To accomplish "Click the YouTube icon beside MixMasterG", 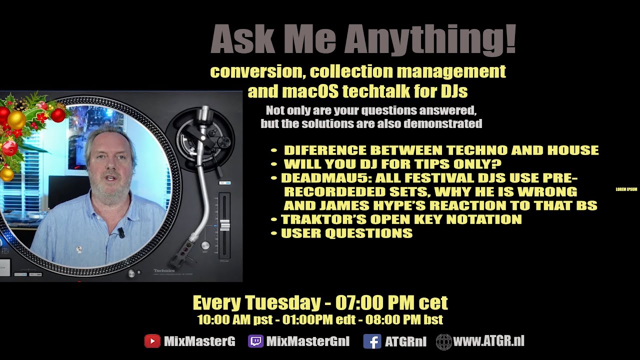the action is click(152, 341).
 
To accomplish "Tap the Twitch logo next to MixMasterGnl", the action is click(255, 341).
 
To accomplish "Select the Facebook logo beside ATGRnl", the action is click(372, 341).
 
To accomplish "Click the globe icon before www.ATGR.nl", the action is click(443, 342).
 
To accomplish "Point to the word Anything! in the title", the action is click(430, 39).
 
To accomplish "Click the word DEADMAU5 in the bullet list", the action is click(325, 178).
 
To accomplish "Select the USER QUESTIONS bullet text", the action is click(347, 233).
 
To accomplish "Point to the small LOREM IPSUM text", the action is click(626, 189).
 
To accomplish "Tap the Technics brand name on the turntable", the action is click(164, 270).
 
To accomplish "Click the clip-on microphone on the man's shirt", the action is click(121, 232).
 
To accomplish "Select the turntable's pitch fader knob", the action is click(225, 225).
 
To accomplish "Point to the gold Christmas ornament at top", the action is click(16, 120).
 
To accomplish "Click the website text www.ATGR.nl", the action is click(488, 341).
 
